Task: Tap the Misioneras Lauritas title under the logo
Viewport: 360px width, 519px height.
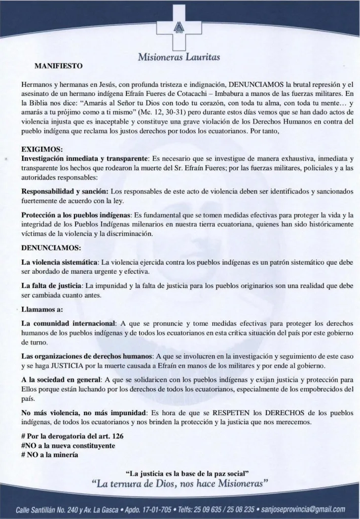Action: point(179,57)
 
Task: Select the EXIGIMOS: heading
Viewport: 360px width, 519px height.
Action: point(42,150)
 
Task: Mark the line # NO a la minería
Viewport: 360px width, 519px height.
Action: point(50,454)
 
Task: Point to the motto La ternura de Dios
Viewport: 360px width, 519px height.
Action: point(180,485)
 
